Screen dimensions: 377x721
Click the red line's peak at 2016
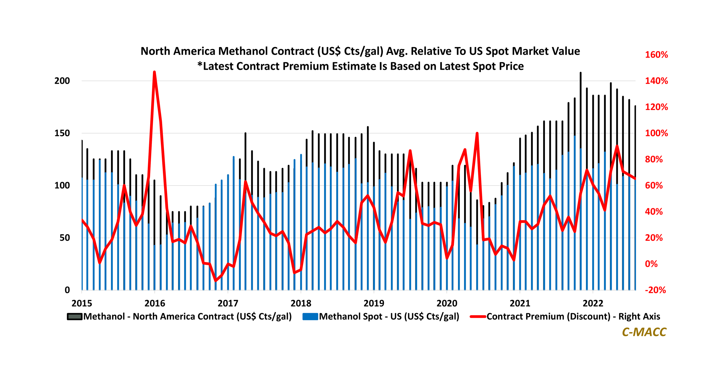pyautogui.click(x=154, y=72)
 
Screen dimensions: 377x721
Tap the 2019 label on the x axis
pyautogui.click(x=374, y=303)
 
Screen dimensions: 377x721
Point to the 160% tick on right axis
pyautogui.click(x=656, y=55)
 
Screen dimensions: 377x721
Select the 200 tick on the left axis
pyautogui.click(x=62, y=81)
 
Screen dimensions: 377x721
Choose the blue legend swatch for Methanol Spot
pyautogui.click(x=310, y=316)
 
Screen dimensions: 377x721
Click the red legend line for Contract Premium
pyautogui.click(x=478, y=316)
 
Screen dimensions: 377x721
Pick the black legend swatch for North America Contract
pyautogui.click(x=75, y=316)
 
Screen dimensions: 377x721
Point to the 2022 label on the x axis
pyautogui.click(x=593, y=303)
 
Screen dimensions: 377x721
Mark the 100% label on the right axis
pyautogui.click(x=656, y=133)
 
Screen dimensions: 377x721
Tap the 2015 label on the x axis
pyautogui.click(x=82, y=303)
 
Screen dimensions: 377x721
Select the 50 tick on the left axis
pyautogui.click(x=65, y=238)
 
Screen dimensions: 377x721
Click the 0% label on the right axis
pyautogui.click(x=651, y=264)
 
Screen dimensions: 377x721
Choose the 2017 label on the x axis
pyautogui.click(x=228, y=303)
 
